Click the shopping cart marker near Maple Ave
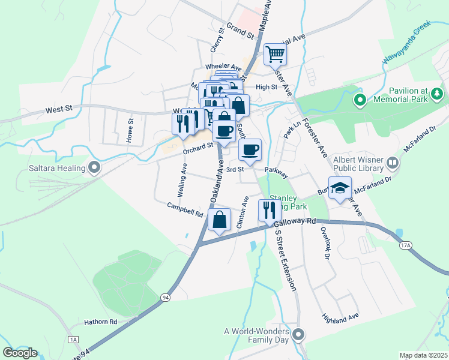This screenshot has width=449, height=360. click(275, 55)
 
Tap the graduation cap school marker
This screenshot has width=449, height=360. click(340, 188)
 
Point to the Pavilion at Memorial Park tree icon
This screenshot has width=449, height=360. click(438, 93)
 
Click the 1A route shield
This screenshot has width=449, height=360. click(73, 340)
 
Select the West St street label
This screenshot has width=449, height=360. click(59, 109)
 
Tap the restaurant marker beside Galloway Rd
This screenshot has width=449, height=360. click(268, 210)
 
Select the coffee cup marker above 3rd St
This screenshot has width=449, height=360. click(250, 150)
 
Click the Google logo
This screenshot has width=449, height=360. click(20, 353)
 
